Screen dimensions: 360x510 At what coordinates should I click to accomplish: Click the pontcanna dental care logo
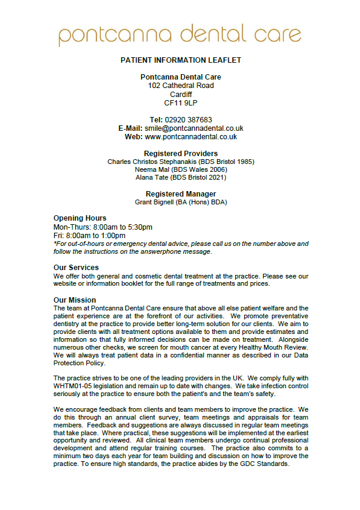[x=180, y=34]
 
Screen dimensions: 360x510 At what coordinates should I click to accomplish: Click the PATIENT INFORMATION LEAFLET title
[x=180, y=61]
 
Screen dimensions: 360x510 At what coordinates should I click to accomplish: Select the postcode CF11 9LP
[x=180, y=103]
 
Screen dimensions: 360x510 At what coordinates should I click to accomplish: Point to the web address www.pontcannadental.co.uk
[x=191, y=137]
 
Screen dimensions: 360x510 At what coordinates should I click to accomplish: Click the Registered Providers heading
[x=180, y=154]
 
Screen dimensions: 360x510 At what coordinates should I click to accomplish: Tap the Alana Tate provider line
[x=180, y=177]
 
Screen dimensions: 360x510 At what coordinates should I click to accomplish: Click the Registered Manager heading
[x=180, y=194]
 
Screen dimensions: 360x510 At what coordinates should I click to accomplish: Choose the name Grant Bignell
[x=154, y=202]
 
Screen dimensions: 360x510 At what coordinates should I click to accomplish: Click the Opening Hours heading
[x=80, y=218]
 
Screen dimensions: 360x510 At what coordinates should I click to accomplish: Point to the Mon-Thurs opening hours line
[x=103, y=227]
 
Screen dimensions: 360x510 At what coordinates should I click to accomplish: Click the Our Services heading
[x=76, y=268]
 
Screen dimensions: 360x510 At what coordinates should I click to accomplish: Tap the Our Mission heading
[x=74, y=300]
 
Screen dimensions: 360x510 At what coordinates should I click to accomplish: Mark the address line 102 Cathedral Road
[x=180, y=86]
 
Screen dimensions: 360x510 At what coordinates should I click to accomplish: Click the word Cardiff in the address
[x=180, y=95]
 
